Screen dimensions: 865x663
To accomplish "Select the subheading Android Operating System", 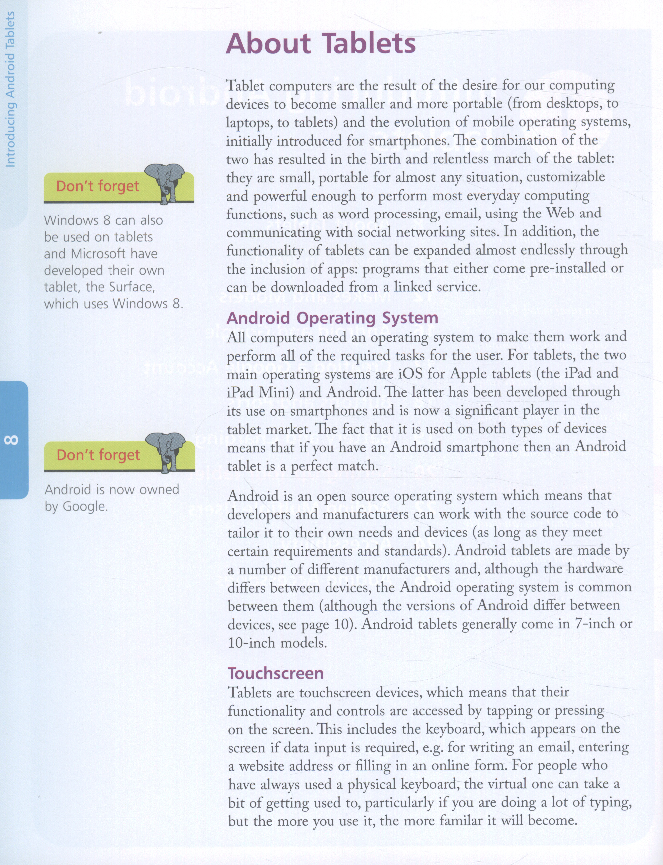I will (332, 318).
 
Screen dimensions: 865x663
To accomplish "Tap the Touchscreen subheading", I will (276, 673).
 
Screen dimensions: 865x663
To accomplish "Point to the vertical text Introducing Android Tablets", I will (10, 89).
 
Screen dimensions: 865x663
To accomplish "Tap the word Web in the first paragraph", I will (559, 213).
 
